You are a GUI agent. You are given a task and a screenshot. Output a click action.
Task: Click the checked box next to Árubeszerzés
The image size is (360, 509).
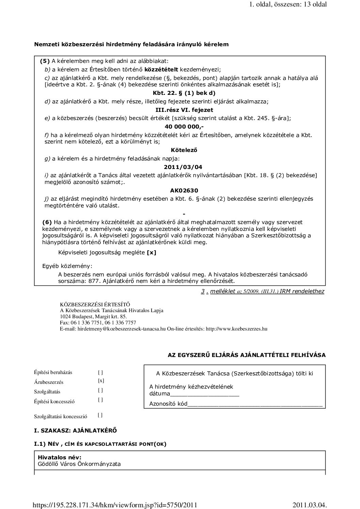point(101,381)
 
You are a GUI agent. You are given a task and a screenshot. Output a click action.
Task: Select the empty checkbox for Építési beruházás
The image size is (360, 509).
point(100,372)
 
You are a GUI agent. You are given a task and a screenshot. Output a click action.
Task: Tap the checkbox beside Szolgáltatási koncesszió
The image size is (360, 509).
point(100,415)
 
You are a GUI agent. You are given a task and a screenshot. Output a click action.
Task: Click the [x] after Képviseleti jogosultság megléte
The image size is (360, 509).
point(151,252)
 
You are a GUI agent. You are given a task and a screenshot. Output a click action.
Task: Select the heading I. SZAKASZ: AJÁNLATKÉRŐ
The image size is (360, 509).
point(76,430)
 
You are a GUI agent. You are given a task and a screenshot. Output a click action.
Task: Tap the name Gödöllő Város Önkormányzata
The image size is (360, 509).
point(79,464)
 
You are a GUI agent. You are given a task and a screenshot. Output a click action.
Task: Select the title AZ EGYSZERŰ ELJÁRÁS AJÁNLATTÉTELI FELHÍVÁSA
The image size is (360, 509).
point(247,355)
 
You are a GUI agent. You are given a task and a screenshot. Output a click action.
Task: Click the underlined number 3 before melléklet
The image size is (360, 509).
point(203,291)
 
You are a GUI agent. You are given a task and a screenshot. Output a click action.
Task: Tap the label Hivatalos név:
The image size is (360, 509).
point(60,458)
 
